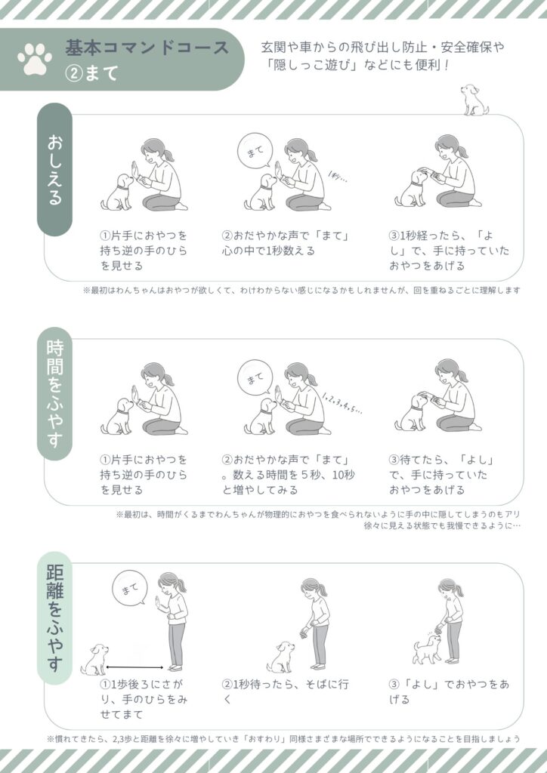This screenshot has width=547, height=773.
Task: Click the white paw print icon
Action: [35, 60]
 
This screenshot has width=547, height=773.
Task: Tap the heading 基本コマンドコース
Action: [147, 48]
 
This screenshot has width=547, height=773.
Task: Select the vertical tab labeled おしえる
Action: [54, 169]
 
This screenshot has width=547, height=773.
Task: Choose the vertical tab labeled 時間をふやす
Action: [54, 393]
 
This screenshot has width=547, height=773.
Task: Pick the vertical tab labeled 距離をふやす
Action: [54, 617]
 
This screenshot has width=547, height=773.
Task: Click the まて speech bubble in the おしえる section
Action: [255, 151]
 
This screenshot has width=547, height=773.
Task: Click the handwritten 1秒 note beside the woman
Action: [338, 177]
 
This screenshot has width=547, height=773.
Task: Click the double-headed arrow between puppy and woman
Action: [134, 667]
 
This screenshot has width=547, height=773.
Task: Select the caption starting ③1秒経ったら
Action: [449, 251]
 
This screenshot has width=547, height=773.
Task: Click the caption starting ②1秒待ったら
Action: [285, 691]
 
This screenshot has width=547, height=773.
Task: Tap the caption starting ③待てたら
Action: [441, 475]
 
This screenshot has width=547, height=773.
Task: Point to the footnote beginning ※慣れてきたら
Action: [283, 739]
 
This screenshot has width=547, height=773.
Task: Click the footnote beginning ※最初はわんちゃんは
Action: [301, 291]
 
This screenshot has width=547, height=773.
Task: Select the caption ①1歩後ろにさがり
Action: [144, 699]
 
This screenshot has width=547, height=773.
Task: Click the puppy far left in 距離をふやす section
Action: [94, 660]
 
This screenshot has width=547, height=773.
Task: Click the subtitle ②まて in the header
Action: [92, 73]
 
